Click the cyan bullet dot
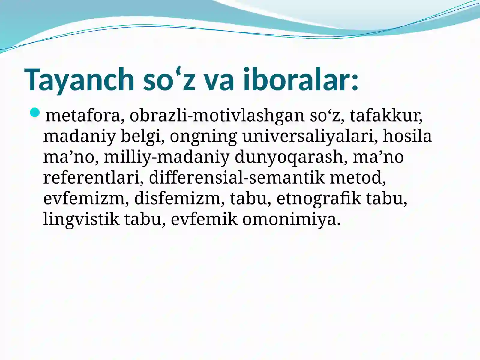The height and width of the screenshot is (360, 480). point(35,112)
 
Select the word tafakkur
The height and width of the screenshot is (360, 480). point(386,115)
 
